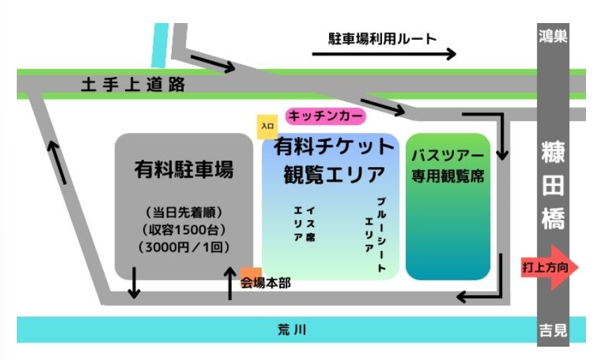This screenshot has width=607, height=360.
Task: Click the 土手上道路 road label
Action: (x=133, y=85)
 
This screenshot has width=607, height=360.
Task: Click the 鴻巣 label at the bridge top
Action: (x=553, y=36)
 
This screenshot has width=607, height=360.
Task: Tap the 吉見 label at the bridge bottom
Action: (x=553, y=331)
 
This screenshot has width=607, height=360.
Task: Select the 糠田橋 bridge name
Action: (x=553, y=186)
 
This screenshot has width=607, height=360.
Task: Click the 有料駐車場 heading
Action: (x=184, y=169)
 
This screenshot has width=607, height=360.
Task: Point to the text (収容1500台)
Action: (x=184, y=229)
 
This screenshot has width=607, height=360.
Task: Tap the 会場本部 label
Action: (x=265, y=283)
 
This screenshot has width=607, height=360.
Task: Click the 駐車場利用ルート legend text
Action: (x=382, y=38)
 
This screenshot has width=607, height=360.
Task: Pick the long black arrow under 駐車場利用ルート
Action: (x=383, y=54)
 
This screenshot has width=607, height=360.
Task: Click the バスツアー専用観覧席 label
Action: (x=448, y=165)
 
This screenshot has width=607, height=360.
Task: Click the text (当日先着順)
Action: (x=184, y=212)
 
